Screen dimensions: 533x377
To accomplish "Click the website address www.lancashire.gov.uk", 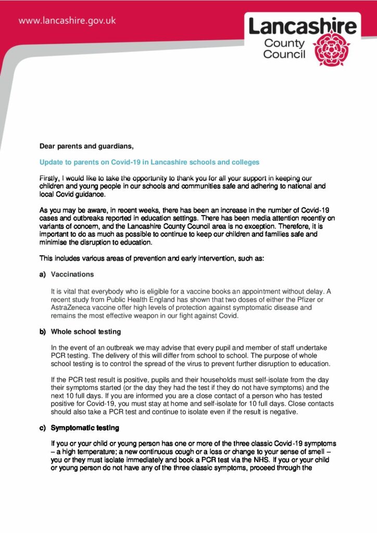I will (x=67, y=21).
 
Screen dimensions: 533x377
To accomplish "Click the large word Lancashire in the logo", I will (x=303, y=26).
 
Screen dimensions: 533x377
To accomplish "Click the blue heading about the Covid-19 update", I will (x=149, y=162).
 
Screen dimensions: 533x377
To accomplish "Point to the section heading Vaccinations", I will (x=72, y=274).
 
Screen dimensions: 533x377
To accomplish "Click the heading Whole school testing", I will (x=86, y=332).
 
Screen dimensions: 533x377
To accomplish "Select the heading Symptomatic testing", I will (x=85, y=428).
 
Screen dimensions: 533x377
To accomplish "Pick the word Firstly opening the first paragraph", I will (x=51, y=179).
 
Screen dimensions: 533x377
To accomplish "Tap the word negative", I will (x=298, y=411).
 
